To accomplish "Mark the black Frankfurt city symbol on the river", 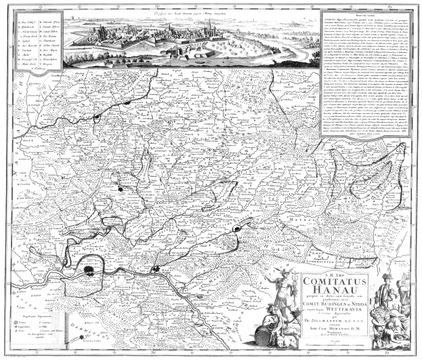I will [89, 271].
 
